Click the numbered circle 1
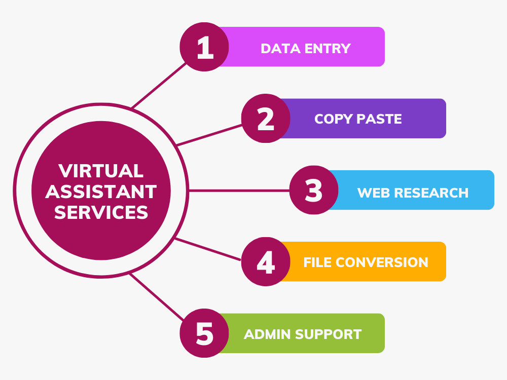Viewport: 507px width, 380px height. pyautogui.click(x=204, y=47)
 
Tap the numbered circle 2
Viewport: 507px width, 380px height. pyautogui.click(x=266, y=118)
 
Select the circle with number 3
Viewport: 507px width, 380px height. pyautogui.click(x=314, y=190)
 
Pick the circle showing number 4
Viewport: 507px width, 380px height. pyautogui.click(x=266, y=261)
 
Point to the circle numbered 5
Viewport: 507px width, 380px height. pyautogui.click(x=204, y=333)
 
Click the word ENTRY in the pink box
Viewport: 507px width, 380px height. pyautogui.click(x=328, y=49)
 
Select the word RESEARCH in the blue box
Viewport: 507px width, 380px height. pyautogui.click(x=431, y=193)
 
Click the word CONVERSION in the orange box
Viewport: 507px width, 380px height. pyautogui.click(x=382, y=262)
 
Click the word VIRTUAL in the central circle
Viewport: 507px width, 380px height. pyautogui.click(x=101, y=171)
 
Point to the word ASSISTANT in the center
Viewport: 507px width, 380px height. pyautogui.click(x=101, y=192)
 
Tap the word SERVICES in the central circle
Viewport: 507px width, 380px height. pyautogui.click(x=101, y=212)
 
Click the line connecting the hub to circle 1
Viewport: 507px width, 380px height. pyautogui.click(x=159, y=85)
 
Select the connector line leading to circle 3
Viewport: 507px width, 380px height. pyautogui.click(x=239, y=191)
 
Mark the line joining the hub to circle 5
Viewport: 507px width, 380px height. pyautogui.click(x=157, y=296)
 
